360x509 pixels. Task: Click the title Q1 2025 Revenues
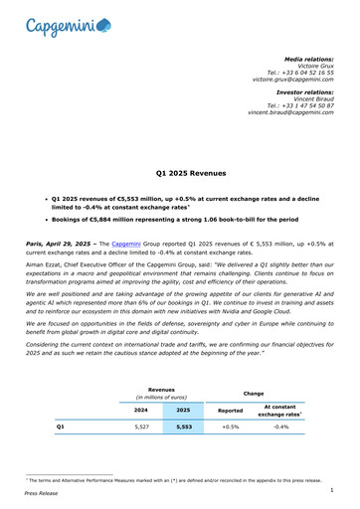click(180, 172)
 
